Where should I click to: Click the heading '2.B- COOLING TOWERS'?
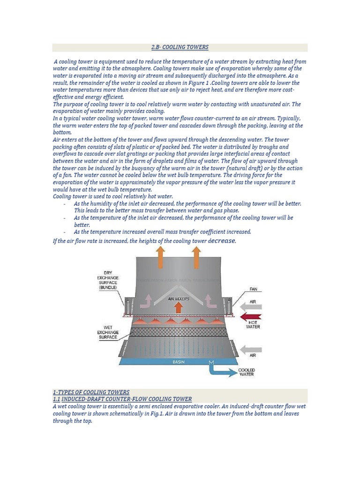point(180,47)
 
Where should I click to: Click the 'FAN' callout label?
point(254,289)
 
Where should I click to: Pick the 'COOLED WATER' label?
point(247,372)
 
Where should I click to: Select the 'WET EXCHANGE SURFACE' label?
point(107,332)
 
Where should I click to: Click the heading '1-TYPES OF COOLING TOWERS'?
point(91,392)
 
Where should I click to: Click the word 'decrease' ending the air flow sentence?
point(222,240)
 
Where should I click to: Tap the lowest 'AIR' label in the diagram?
point(253,356)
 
